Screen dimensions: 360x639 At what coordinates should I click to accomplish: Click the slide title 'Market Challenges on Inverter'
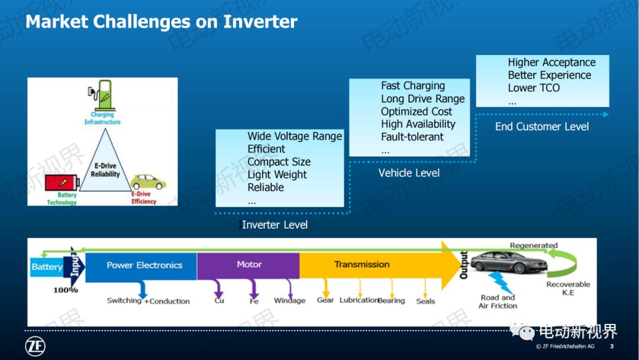[x=161, y=22]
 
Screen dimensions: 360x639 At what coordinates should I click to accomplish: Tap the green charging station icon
[x=105, y=94]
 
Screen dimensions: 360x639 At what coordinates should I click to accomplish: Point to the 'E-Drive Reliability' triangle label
[x=105, y=171]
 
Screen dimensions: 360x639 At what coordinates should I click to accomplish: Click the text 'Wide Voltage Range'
[x=295, y=136]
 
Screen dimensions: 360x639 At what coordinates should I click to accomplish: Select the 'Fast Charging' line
[x=412, y=86]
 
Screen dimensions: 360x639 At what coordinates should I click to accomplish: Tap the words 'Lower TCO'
[x=533, y=88]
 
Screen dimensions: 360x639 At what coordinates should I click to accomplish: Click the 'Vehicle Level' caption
[x=409, y=173]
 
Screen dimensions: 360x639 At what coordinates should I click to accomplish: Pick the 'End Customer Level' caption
[x=542, y=126]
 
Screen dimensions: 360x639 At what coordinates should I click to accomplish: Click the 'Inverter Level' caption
[x=275, y=225]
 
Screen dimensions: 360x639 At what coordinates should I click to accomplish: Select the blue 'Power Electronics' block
[x=144, y=265]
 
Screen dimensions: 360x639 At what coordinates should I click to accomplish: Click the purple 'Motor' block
[x=248, y=265]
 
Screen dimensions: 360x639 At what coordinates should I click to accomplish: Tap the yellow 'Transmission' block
[x=362, y=265]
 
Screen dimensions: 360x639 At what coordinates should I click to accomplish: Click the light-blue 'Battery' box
[x=47, y=267]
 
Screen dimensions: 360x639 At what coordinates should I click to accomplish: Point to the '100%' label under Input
[x=66, y=290]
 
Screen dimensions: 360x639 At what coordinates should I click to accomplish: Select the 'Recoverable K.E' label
[x=567, y=288]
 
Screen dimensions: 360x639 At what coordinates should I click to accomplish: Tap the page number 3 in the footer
[x=611, y=346]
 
